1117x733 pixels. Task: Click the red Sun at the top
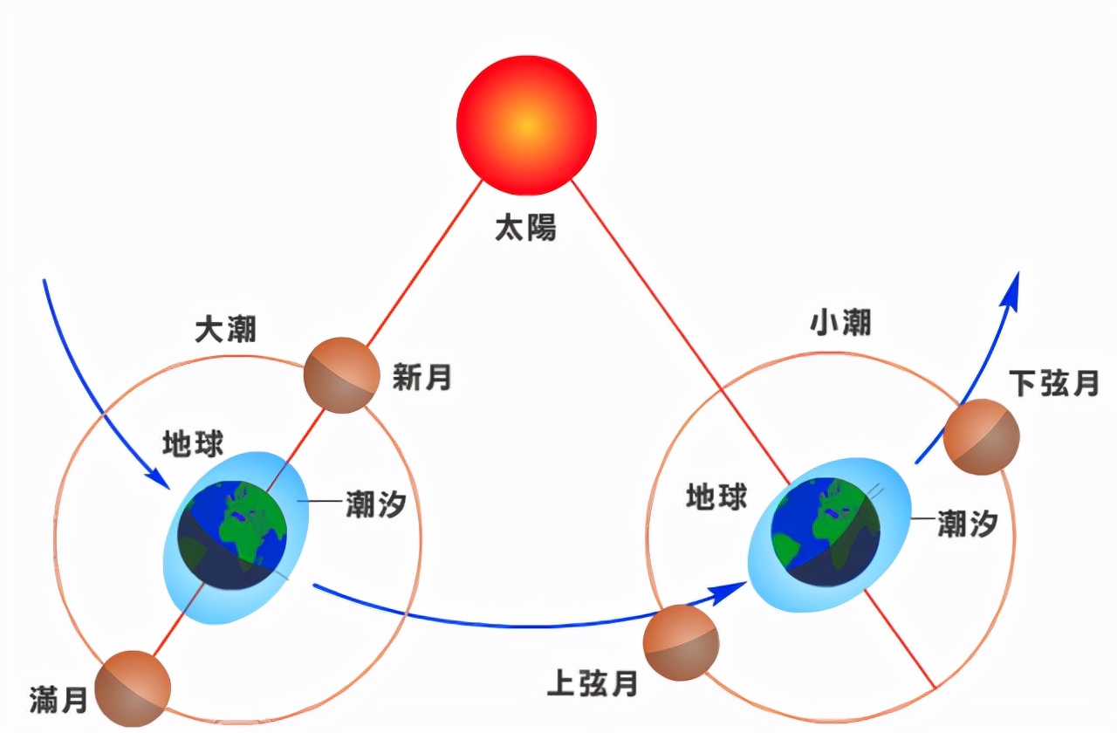pyautogui.click(x=526, y=125)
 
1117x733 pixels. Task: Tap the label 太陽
pyautogui.click(x=525, y=228)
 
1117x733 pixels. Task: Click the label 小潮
pyautogui.click(x=840, y=323)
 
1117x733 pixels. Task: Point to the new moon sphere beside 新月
pyautogui.click(x=341, y=375)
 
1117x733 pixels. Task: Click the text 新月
pyautogui.click(x=422, y=378)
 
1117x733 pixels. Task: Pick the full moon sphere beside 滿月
pyautogui.click(x=133, y=688)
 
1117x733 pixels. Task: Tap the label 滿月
pyautogui.click(x=58, y=699)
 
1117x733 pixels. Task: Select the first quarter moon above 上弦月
pyautogui.click(x=681, y=642)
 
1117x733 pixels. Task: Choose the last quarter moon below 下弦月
pyautogui.click(x=982, y=437)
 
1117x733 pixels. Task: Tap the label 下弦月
pyautogui.click(x=1053, y=384)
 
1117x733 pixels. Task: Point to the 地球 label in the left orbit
pyautogui.click(x=193, y=443)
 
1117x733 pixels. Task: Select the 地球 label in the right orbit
pyautogui.click(x=716, y=497)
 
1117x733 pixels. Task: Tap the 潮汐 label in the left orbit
pyautogui.click(x=376, y=504)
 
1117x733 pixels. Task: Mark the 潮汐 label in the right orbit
pyautogui.click(x=967, y=524)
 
